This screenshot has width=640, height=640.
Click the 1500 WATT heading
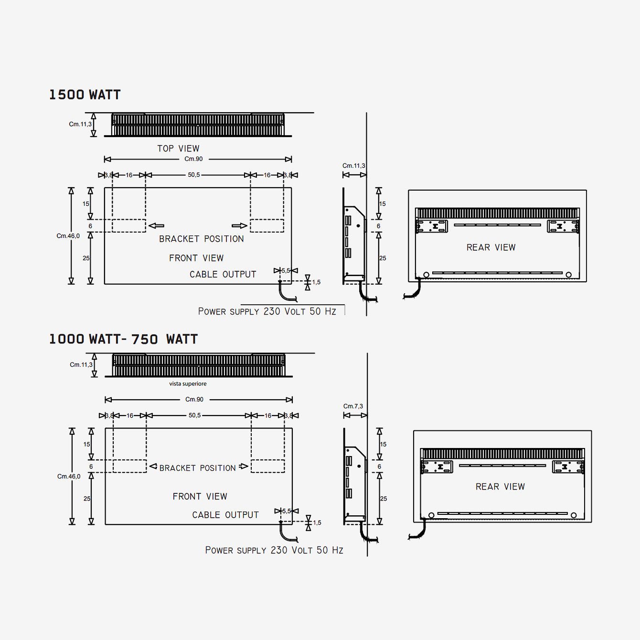tap(85, 95)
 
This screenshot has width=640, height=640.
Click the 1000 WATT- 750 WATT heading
tap(123, 339)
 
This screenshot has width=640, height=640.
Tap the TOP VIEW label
tap(178, 149)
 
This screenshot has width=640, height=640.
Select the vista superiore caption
tap(188, 384)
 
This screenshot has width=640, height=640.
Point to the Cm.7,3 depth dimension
tap(353, 406)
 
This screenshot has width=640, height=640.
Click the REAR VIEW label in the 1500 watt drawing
tap(491, 247)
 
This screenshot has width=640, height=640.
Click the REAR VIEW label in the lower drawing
tap(500, 487)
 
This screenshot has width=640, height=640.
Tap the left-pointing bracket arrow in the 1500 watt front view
tap(156, 226)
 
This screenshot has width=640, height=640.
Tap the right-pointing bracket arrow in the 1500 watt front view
tap(239, 226)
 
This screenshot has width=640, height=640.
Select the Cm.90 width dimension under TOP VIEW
tap(193, 159)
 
